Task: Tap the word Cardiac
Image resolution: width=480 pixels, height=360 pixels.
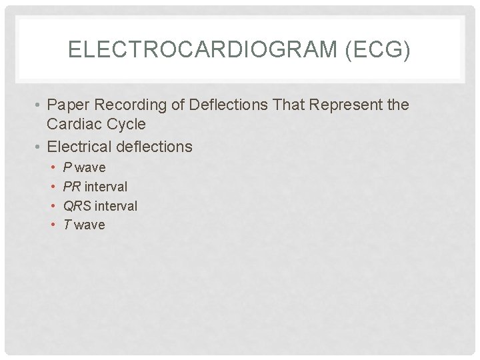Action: click(x=73, y=124)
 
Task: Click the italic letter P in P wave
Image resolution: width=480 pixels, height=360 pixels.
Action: click(x=67, y=167)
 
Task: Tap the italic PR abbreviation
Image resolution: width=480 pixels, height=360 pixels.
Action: click(x=72, y=187)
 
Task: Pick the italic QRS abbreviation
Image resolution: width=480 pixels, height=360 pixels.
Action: click(x=77, y=206)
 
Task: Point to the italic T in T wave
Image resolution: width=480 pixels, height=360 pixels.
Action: click(x=67, y=225)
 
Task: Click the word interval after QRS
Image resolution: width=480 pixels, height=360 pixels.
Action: click(x=115, y=206)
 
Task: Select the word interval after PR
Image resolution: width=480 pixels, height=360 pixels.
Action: click(x=105, y=187)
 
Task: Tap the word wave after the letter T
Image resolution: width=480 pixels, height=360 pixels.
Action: click(x=89, y=225)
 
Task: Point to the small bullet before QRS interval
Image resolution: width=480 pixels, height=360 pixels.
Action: click(x=53, y=206)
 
